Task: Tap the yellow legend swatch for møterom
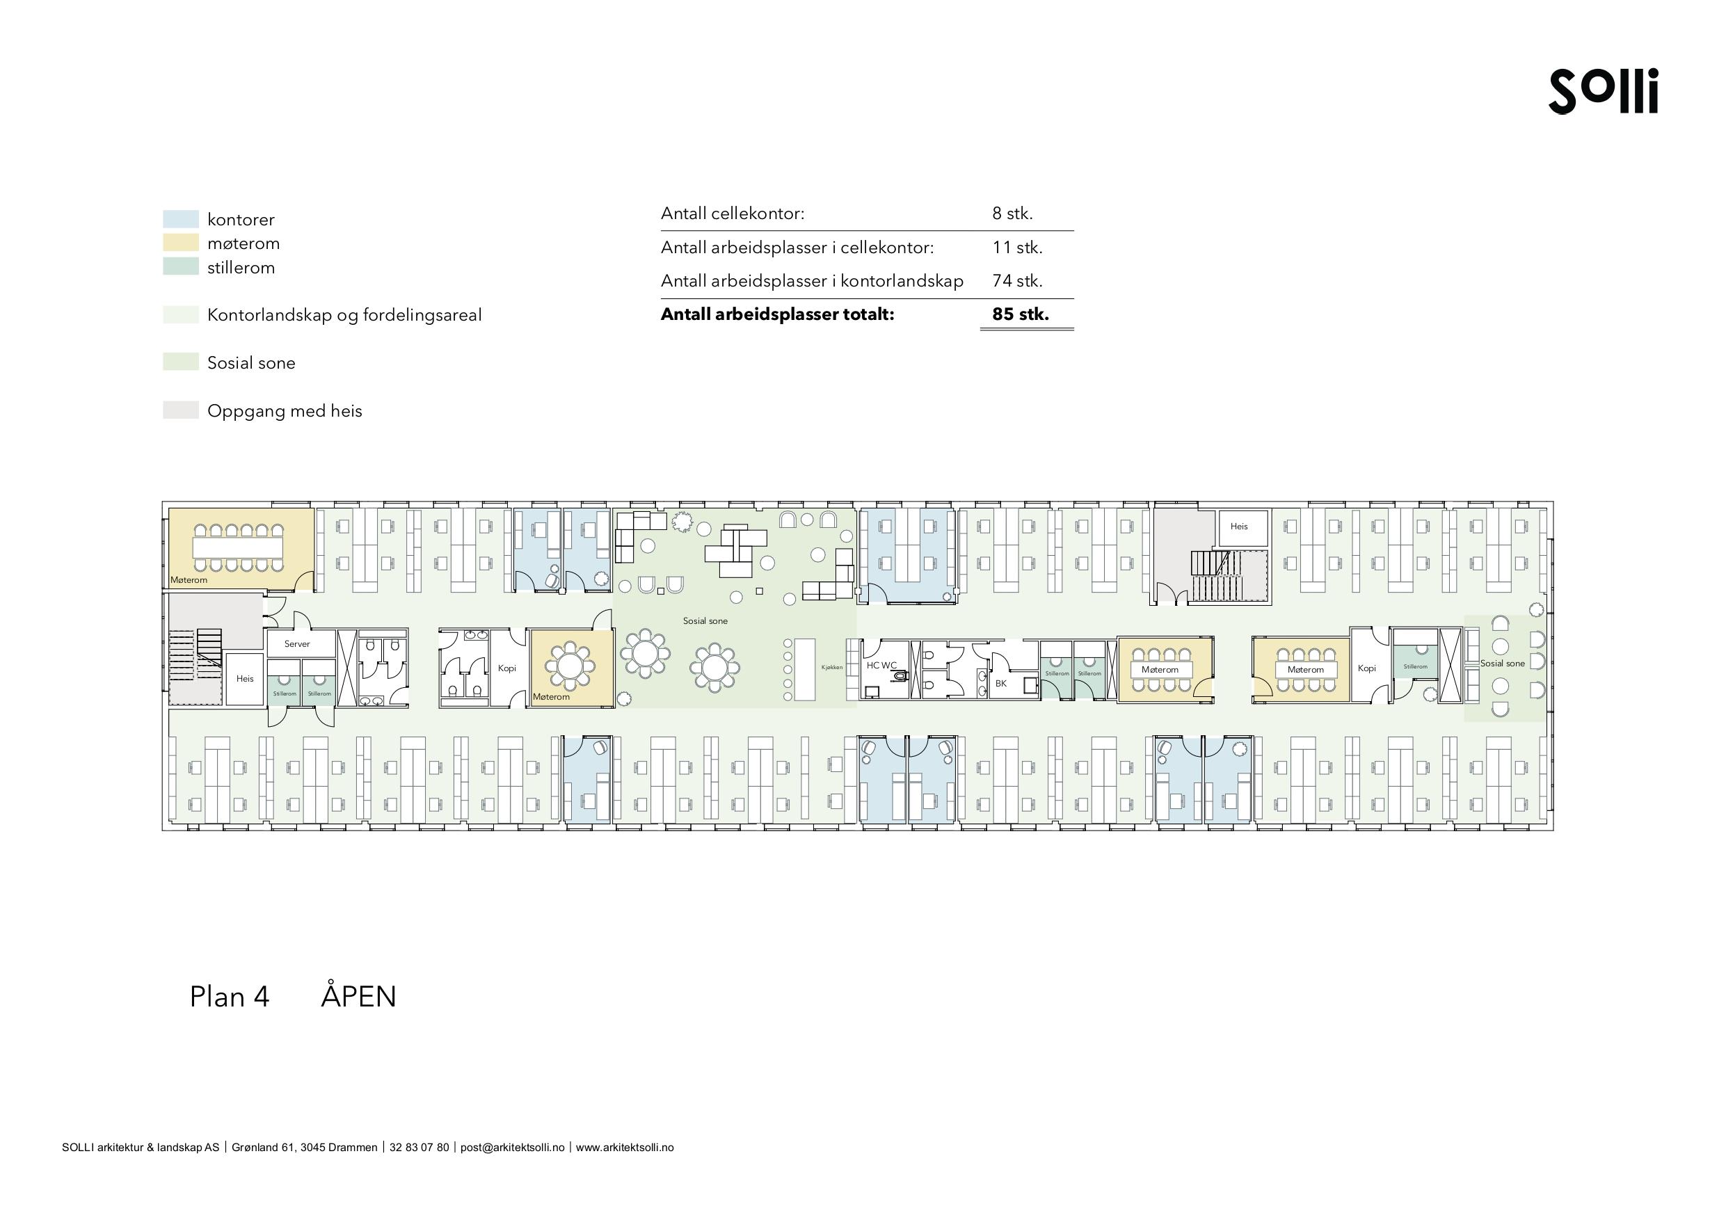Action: pyautogui.click(x=180, y=243)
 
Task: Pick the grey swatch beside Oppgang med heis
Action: pyautogui.click(x=180, y=410)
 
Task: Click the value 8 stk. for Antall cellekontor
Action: pyautogui.click(x=1012, y=214)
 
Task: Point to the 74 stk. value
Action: pyautogui.click(x=1017, y=281)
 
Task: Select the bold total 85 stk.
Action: pyautogui.click(x=1020, y=314)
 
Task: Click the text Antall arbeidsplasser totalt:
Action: pyautogui.click(x=777, y=314)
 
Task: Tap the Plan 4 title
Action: pyautogui.click(x=230, y=997)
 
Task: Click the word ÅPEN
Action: pyautogui.click(x=358, y=997)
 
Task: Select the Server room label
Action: pyautogui.click(x=297, y=644)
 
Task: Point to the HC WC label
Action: pyautogui.click(x=881, y=665)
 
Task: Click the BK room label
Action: pyautogui.click(x=1000, y=683)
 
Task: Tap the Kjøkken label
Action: pyautogui.click(x=832, y=668)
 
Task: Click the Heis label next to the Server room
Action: pyautogui.click(x=245, y=679)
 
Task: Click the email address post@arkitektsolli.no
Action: pyautogui.click(x=512, y=1148)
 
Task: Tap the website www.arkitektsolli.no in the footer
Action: pyautogui.click(x=625, y=1148)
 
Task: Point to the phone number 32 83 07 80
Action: pyautogui.click(x=419, y=1148)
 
